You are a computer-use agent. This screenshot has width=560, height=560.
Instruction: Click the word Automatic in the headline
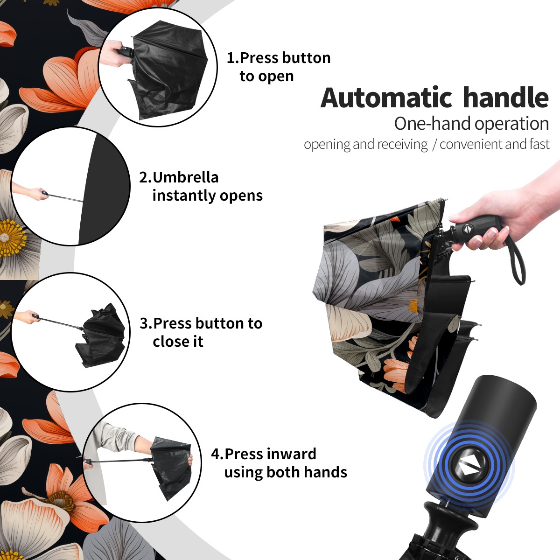[386, 98]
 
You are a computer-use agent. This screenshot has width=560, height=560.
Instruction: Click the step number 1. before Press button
[233, 58]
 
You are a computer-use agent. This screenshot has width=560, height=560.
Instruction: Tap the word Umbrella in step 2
[185, 177]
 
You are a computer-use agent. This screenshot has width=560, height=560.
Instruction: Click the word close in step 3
[171, 341]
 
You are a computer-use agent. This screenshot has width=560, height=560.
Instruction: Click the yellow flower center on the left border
[12, 238]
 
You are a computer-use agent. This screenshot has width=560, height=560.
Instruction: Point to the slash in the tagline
[434, 145]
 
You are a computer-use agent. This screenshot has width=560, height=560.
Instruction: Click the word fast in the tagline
[539, 144]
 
